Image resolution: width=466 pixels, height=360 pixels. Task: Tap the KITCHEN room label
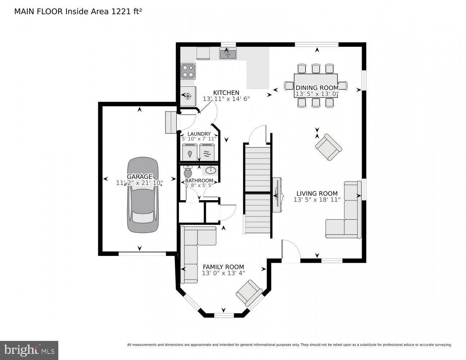(x=226, y=93)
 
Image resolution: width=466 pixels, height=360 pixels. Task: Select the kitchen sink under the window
(x=228, y=54)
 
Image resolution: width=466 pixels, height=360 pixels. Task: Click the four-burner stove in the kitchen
(x=188, y=71)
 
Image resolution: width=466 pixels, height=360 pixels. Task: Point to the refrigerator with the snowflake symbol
(x=187, y=96)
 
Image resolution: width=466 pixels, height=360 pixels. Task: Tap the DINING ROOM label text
(x=317, y=88)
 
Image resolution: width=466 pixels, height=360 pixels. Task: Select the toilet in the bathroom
(x=188, y=172)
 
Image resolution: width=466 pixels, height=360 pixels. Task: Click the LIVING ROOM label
(x=317, y=193)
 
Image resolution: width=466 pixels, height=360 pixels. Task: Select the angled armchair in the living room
(x=328, y=147)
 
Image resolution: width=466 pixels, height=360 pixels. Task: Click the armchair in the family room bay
(x=249, y=292)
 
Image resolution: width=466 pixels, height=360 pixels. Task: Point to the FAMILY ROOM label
(x=223, y=267)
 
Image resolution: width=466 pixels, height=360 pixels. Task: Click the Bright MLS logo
(x=29, y=350)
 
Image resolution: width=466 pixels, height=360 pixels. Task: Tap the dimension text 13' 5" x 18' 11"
(x=317, y=200)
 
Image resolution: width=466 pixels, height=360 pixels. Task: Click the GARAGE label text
(x=139, y=177)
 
